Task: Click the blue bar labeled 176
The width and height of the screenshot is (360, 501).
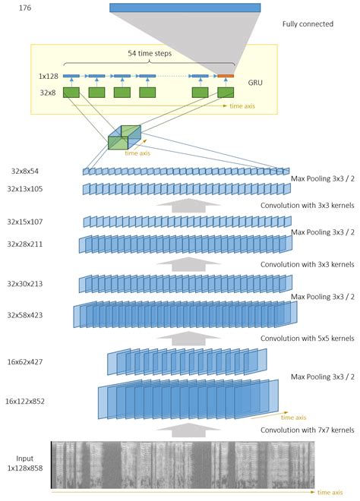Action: tap(185, 8)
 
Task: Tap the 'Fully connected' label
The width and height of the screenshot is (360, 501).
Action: tap(308, 24)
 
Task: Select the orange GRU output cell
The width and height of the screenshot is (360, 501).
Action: tap(226, 76)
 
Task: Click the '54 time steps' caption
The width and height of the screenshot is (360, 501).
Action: tap(150, 53)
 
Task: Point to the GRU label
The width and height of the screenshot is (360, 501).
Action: tap(255, 83)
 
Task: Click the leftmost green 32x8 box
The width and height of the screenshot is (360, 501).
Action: tap(71, 93)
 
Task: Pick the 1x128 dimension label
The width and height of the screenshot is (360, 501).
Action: tap(49, 76)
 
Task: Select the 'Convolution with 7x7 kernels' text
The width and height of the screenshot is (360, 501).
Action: tap(308, 430)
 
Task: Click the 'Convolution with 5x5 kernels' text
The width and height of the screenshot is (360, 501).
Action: tap(308, 339)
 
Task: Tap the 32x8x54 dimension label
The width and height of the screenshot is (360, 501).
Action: tap(25, 172)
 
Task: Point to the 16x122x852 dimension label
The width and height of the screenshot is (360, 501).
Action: tap(25, 402)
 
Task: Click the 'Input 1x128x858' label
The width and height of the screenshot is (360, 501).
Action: tap(25, 463)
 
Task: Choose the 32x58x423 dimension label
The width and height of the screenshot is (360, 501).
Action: tap(25, 315)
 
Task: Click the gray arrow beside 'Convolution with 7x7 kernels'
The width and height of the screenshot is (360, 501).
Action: tap(189, 430)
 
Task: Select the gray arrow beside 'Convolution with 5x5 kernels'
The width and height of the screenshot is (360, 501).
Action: tap(189, 339)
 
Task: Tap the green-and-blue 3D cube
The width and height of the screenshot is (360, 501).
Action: tap(125, 137)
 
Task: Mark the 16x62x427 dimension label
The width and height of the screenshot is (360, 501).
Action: tap(25, 362)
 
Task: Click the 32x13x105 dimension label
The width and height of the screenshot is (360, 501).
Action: tap(25, 189)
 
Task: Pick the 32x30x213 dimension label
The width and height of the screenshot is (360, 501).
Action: tap(25, 284)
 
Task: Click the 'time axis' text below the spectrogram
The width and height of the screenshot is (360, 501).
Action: tap(330, 493)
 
